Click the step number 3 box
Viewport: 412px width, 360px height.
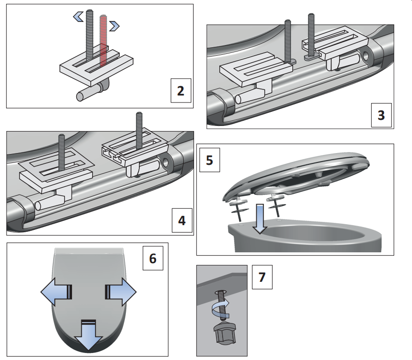[381, 115]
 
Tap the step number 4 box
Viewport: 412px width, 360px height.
[182, 220]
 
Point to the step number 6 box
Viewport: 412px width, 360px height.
[153, 258]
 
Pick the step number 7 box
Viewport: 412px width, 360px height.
[262, 277]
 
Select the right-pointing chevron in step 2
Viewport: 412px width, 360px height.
[114, 25]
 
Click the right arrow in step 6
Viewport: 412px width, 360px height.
[121, 293]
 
